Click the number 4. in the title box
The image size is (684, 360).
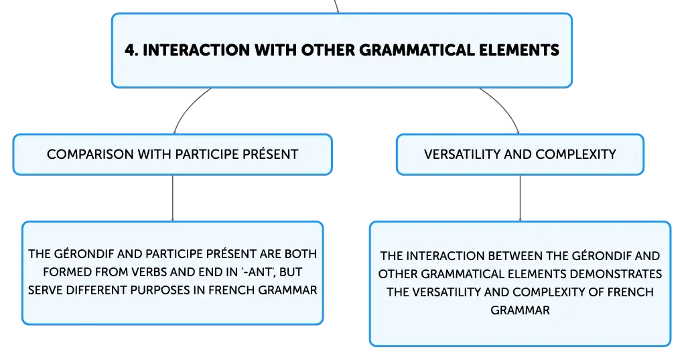coord(132,50)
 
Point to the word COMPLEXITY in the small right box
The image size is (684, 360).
coord(576,154)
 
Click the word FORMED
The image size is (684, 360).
coord(60,272)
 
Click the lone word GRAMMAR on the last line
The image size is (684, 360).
coord(520,310)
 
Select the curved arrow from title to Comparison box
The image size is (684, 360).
coord(188,107)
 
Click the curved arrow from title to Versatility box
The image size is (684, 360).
coord(504,107)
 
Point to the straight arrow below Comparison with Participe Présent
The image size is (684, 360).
coord(173,198)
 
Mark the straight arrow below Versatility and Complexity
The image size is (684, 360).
coord(520,198)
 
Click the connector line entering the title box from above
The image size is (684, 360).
coord(336,6)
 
